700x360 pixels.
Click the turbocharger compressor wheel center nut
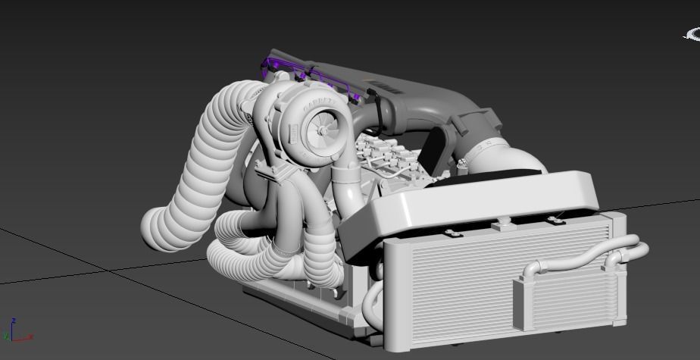[x=321, y=131]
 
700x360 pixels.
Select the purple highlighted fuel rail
[x=303, y=72]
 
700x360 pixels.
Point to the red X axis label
[x=30, y=337]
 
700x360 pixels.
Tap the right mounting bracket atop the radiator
[x=557, y=221]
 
